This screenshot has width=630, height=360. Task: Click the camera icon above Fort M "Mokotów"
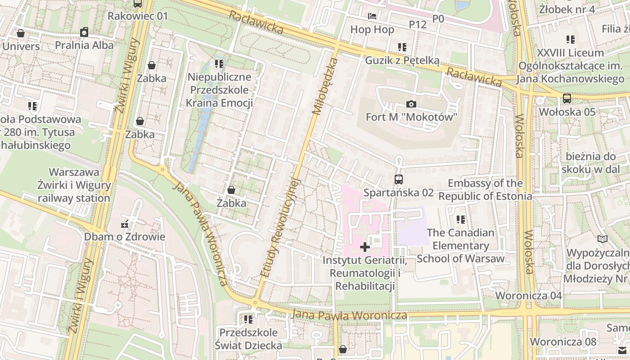click(x=411, y=104)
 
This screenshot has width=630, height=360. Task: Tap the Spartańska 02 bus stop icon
click(x=398, y=180)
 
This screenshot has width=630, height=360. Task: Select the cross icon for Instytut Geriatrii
click(x=365, y=247)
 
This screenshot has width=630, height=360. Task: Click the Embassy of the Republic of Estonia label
click(x=485, y=190)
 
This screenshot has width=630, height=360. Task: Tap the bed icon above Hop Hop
click(x=372, y=17)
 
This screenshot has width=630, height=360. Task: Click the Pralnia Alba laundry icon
click(x=84, y=32)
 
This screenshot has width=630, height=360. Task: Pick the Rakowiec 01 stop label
click(x=138, y=16)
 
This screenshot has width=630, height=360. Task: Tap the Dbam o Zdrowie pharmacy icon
click(x=125, y=224)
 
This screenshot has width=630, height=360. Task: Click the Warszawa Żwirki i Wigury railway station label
click(x=74, y=185)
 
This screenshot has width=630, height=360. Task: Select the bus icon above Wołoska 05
click(x=567, y=98)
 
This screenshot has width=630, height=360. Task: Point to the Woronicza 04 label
click(x=528, y=296)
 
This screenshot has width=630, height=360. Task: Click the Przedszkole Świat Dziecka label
click(x=248, y=339)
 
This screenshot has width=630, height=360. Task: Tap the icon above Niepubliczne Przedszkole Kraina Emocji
click(x=219, y=64)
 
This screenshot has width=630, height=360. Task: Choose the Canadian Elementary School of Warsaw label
click(x=460, y=246)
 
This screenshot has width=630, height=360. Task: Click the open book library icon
click(x=602, y=239)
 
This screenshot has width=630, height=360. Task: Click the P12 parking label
click(x=418, y=25)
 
